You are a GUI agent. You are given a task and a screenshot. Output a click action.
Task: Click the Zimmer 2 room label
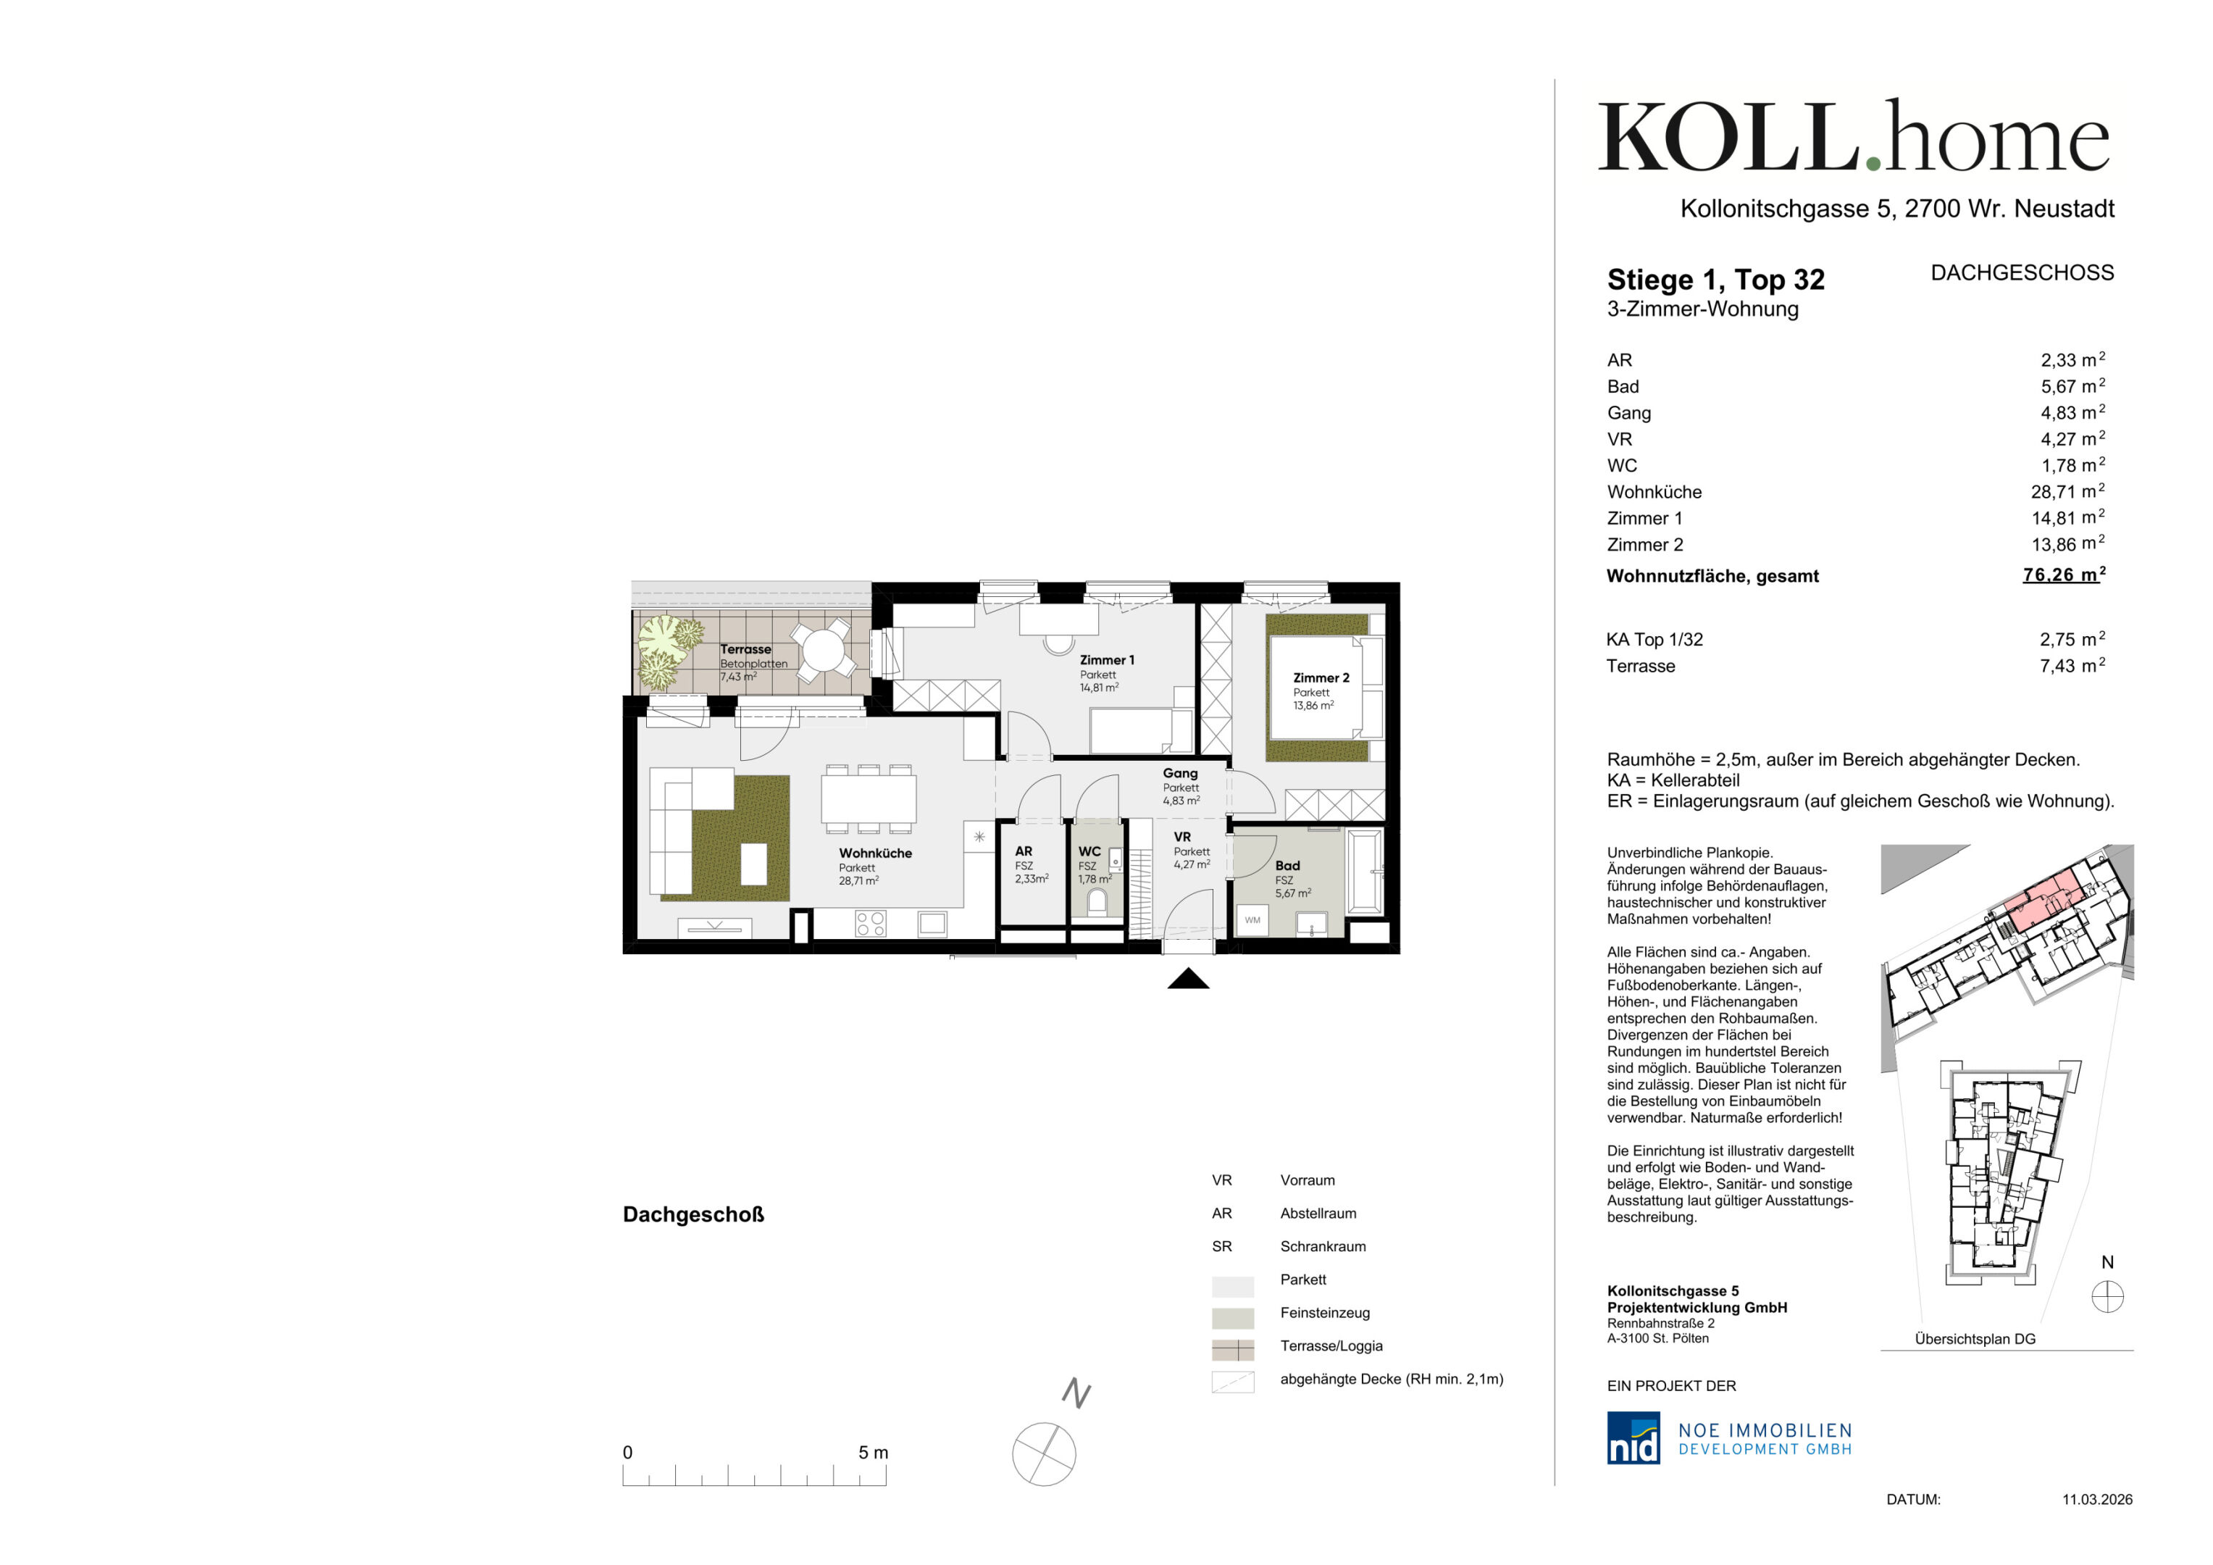point(1321,678)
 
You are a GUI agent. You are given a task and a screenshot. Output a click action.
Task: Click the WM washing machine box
point(1252,920)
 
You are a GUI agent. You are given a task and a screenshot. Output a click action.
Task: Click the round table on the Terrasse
point(822,650)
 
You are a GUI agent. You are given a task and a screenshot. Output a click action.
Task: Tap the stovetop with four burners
point(871,924)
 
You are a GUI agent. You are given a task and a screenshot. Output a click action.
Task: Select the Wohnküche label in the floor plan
point(874,854)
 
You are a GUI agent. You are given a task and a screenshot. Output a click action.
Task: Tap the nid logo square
point(1633,1437)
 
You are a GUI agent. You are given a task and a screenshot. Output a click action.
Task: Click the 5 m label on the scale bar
point(874,1452)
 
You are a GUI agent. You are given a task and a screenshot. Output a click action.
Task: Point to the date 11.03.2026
point(2096,1500)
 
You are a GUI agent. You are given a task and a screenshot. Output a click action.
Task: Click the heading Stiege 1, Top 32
point(1715,280)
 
